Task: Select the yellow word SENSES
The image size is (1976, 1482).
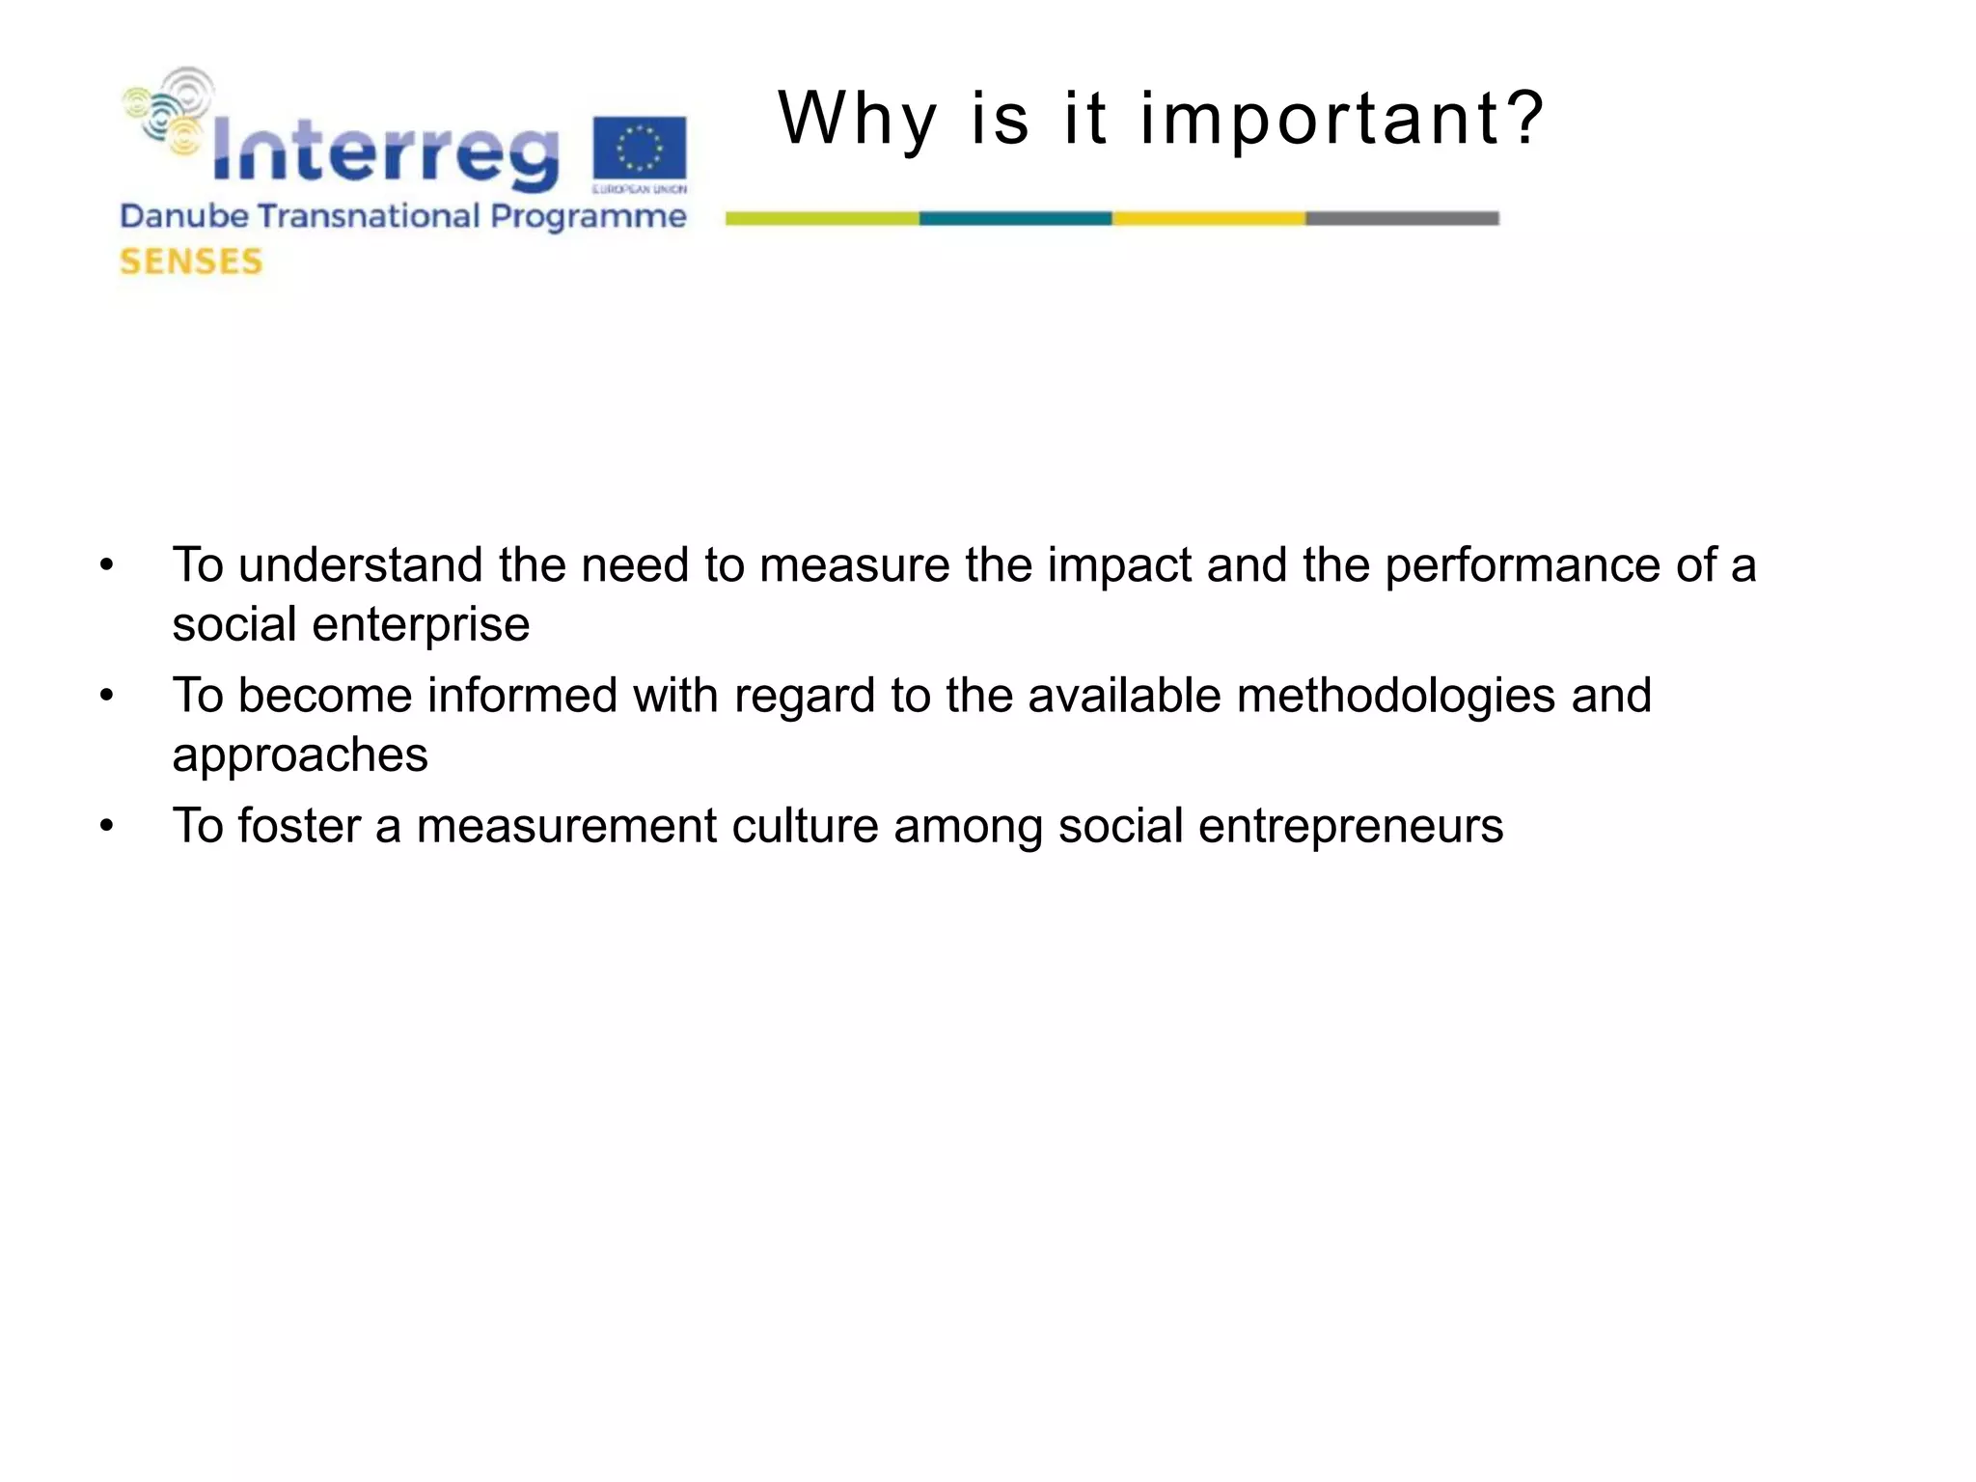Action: point(191,261)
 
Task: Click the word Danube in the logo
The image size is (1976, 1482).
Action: point(184,216)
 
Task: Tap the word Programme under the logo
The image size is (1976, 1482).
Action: point(588,217)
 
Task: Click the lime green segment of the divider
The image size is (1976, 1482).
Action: point(822,219)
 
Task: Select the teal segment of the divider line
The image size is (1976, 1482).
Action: point(1015,219)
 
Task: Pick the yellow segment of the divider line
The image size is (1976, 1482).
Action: point(1208,219)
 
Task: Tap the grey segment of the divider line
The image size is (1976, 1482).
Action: point(1402,219)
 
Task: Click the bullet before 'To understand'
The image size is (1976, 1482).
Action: point(107,565)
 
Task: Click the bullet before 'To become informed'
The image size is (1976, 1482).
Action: point(107,696)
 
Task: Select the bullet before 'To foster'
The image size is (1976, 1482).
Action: point(107,826)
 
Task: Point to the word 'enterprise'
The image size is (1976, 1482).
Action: point(421,625)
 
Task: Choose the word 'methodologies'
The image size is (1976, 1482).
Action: point(1395,696)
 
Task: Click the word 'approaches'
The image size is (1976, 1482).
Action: point(299,755)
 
